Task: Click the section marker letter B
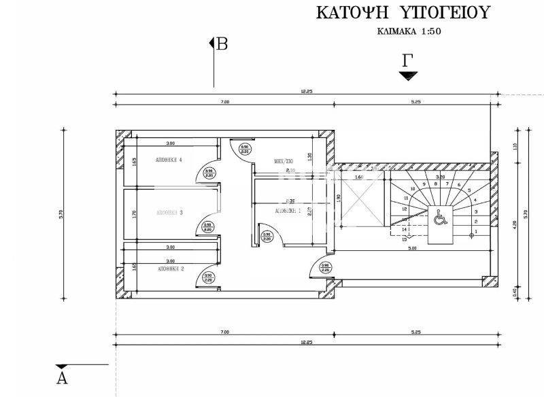[x=222, y=45]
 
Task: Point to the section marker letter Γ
[x=408, y=60]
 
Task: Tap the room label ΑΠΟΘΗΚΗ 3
[x=171, y=213]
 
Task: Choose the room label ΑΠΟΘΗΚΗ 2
[x=171, y=269]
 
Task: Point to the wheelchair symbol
[x=439, y=218]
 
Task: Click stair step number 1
[x=476, y=232]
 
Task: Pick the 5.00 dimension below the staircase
[x=413, y=247]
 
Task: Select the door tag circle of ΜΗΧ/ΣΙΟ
[x=244, y=148]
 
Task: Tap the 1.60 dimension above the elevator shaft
[x=359, y=177]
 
